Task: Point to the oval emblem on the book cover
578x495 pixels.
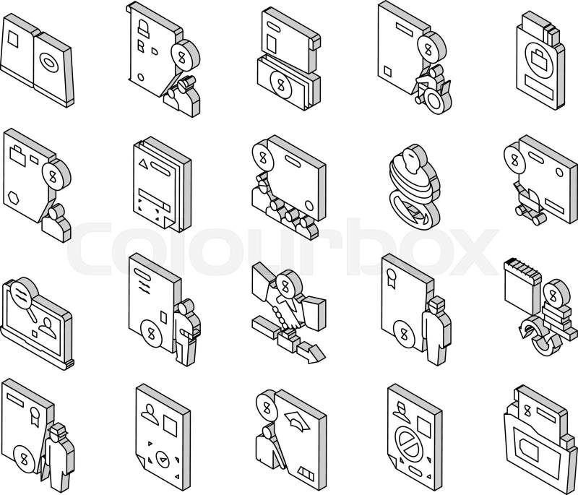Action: click(x=48, y=61)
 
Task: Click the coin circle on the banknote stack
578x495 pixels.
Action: click(x=281, y=86)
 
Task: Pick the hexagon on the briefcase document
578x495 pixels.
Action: click(x=14, y=198)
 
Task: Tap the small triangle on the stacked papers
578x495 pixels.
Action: click(x=143, y=164)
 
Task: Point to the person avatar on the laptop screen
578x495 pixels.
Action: click(x=47, y=328)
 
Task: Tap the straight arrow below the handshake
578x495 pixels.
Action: click(x=311, y=352)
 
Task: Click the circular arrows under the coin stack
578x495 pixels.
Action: click(x=539, y=337)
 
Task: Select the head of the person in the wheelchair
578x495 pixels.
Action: click(x=436, y=71)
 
